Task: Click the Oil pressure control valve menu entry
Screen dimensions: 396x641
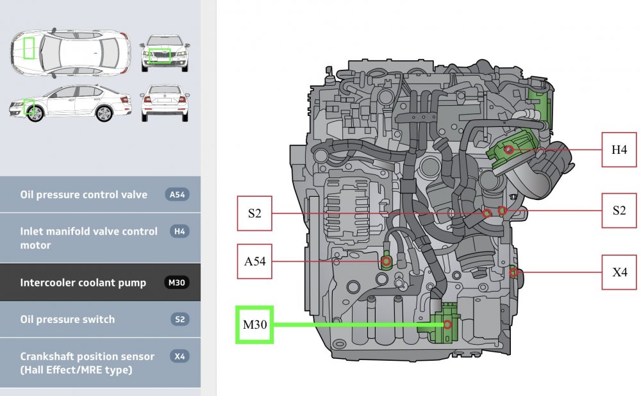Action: click(83, 195)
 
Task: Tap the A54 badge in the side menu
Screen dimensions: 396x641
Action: click(177, 195)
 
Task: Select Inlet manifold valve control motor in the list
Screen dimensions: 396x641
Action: click(88, 238)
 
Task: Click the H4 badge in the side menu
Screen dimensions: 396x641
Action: click(179, 231)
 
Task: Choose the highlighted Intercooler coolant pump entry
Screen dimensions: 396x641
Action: click(83, 283)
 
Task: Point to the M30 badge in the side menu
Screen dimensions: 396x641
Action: click(177, 283)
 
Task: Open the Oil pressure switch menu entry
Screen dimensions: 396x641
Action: click(67, 319)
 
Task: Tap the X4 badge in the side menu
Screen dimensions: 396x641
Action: click(179, 356)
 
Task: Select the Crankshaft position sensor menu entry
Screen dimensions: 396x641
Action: click(87, 363)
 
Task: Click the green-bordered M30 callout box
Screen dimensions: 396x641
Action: click(254, 324)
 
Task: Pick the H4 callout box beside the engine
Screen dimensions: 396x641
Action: click(619, 149)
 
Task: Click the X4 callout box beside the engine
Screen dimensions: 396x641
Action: click(619, 272)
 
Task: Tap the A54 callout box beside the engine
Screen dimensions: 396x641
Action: click(255, 261)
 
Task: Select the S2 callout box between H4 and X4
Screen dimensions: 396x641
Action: click(619, 210)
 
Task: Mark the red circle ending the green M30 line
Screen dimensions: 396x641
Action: click(447, 325)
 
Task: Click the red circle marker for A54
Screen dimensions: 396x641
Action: click(387, 261)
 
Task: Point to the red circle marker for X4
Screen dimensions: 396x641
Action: click(513, 272)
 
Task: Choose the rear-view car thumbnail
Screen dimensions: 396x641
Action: click(165, 103)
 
